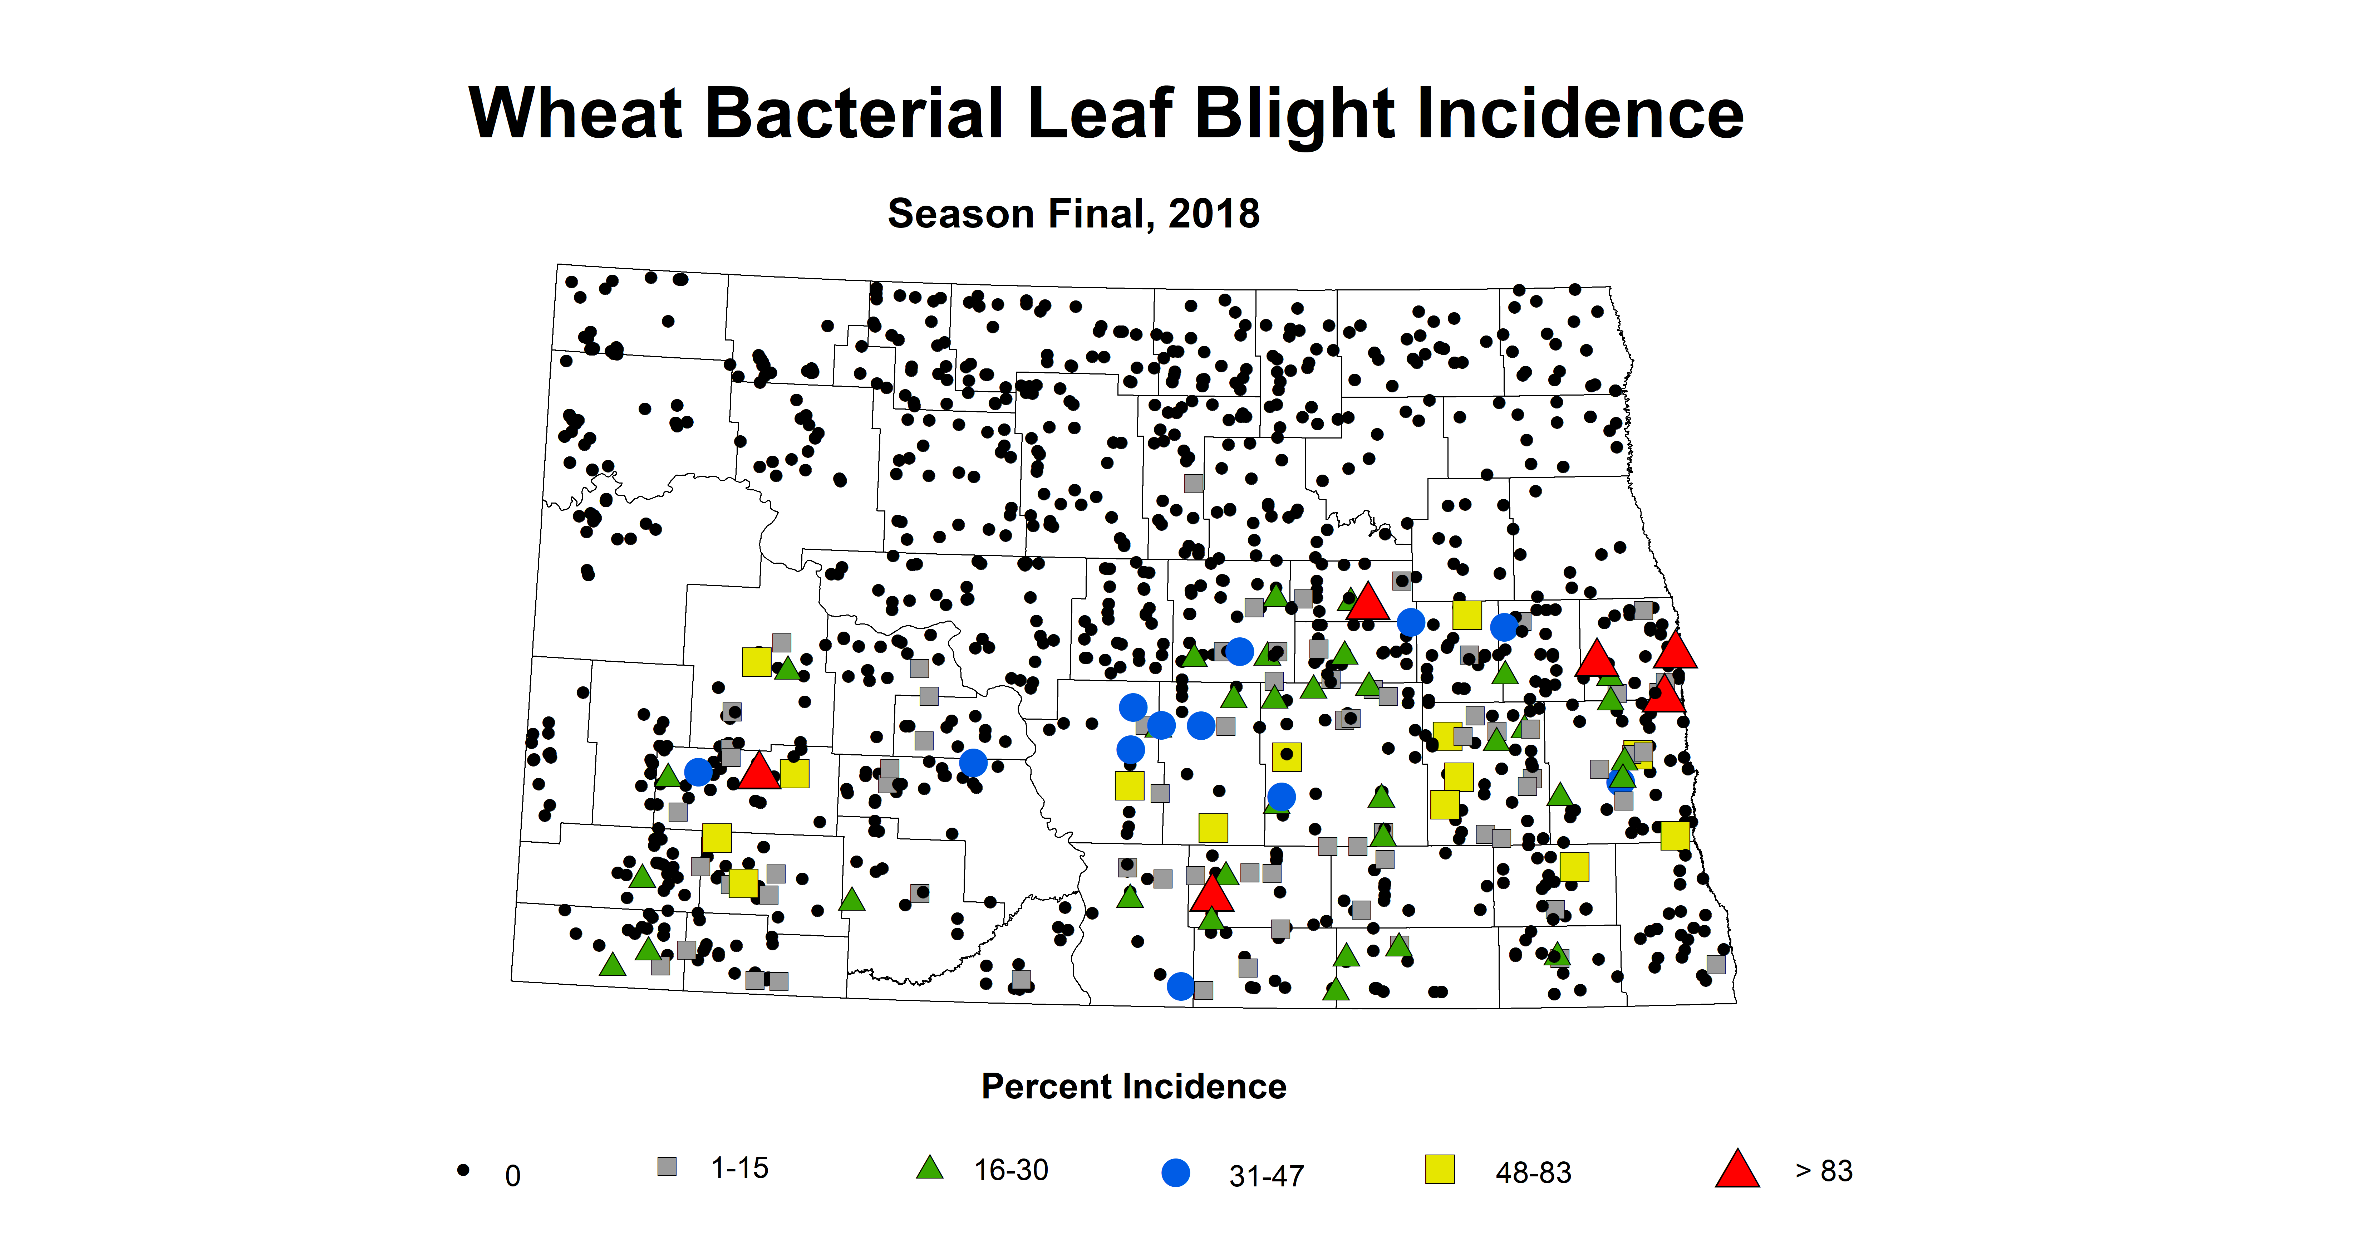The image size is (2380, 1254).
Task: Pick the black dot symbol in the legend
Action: [463, 1170]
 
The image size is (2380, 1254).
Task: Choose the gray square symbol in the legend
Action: [666, 1166]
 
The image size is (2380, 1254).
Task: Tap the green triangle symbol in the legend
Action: [929, 1168]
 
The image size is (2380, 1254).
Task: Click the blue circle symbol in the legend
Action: [1175, 1173]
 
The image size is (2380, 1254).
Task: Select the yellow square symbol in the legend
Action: [1440, 1169]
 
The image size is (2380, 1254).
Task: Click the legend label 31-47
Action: [1266, 1175]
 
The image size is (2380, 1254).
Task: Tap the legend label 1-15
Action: [739, 1168]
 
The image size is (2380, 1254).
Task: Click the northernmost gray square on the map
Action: [1194, 483]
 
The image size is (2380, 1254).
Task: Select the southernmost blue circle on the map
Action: [1180, 986]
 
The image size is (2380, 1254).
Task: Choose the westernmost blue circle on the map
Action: [698, 771]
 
